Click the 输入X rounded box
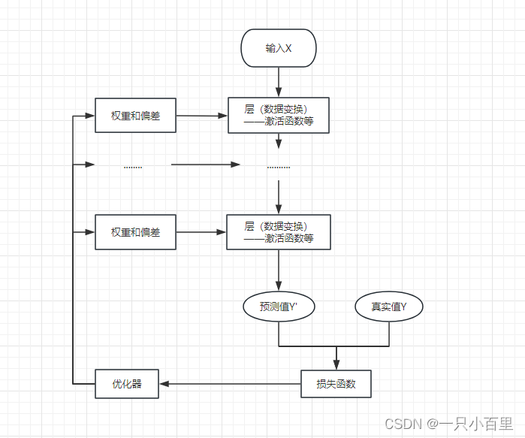[x=278, y=48]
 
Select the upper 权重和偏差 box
[x=135, y=116]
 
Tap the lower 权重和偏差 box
[x=135, y=232]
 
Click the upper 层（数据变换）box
[x=278, y=116]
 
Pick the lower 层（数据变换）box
[x=278, y=232]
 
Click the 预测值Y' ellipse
[x=278, y=307]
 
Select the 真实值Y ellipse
[x=389, y=307]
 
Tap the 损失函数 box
[x=336, y=384]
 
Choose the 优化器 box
[x=127, y=384]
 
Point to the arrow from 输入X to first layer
[x=279, y=81]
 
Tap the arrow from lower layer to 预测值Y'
[x=279, y=270]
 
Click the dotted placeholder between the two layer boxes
[x=278, y=167]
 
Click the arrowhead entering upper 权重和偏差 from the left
[x=91, y=116]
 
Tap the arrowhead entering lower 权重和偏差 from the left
[x=91, y=232]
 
